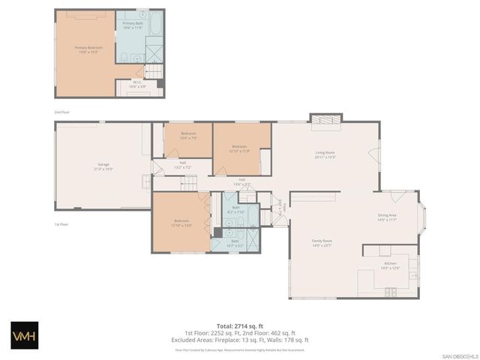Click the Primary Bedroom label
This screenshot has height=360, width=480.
click(88, 49)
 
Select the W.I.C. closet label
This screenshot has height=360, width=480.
click(136, 85)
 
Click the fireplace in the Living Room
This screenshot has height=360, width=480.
click(326, 119)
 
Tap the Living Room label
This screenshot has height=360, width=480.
click(324, 155)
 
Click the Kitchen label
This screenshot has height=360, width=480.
click(390, 265)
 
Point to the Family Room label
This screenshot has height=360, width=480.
click(322, 243)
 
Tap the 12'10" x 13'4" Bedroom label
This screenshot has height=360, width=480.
click(181, 223)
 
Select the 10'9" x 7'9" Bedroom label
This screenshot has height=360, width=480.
click(188, 136)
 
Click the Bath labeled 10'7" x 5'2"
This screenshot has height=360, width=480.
click(235, 243)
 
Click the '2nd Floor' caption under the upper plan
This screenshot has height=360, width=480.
click(61, 112)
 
